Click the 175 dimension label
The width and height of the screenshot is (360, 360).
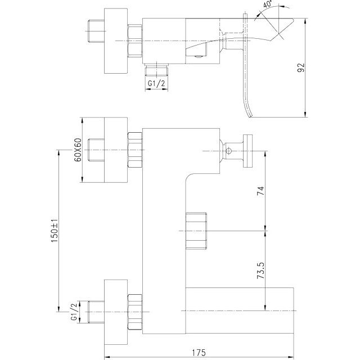[199, 353]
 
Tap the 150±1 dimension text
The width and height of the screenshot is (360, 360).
[55, 230]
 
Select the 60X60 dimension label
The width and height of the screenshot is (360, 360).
[78, 150]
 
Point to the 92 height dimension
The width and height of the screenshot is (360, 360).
[301, 67]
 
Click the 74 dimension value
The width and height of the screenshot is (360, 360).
[260, 191]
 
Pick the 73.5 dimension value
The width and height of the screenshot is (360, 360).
[260, 271]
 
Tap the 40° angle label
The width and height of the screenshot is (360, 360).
[268, 4]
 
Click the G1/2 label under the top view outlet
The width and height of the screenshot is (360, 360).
[156, 83]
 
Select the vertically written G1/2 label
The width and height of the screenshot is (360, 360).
[74, 312]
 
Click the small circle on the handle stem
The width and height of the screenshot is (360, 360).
[228, 151]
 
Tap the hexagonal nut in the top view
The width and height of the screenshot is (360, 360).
[135, 40]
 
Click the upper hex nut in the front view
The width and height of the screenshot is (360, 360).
[135, 150]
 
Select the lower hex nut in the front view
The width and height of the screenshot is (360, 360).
[135, 312]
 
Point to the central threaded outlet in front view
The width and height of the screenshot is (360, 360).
[196, 231]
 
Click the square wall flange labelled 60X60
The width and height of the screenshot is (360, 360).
[116, 150]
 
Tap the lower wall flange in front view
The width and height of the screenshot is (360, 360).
[116, 312]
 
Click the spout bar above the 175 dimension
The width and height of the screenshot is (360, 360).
[240, 310]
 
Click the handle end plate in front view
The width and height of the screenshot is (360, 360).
[247, 151]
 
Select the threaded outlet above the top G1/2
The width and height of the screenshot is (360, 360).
[156, 70]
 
